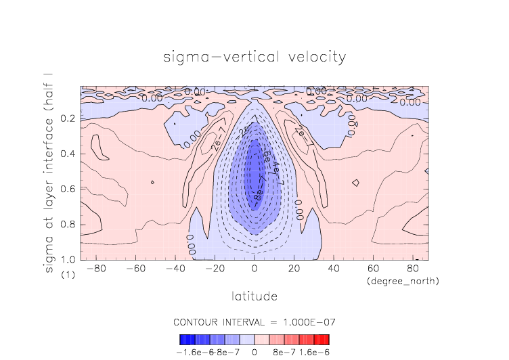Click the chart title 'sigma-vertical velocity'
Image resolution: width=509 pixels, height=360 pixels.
pyautogui.click(x=255, y=56)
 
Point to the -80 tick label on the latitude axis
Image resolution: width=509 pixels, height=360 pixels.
pyautogui.click(x=96, y=269)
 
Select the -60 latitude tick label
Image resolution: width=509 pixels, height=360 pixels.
pyautogui.click(x=135, y=269)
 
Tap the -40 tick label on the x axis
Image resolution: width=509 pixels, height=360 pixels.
pyautogui.click(x=175, y=269)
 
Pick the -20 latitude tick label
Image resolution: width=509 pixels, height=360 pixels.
pyautogui.click(x=215, y=269)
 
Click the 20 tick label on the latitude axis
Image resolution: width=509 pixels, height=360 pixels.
pyautogui.click(x=294, y=269)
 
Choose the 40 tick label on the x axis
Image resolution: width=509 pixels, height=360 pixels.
pyautogui.click(x=333, y=269)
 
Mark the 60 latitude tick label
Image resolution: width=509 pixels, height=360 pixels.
pyautogui.click(x=373, y=269)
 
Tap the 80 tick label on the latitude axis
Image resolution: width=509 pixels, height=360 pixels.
pyautogui.click(x=412, y=269)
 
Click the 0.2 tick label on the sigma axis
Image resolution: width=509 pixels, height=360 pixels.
pyautogui.click(x=67, y=118)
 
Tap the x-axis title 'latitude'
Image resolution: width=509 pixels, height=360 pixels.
pyautogui.click(x=255, y=296)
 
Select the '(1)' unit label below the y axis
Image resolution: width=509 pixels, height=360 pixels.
pyautogui.click(x=68, y=275)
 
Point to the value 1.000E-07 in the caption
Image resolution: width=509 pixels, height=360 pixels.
pyautogui.click(x=307, y=321)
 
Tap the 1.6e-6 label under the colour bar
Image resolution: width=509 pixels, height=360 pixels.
pyautogui.click(x=314, y=352)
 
